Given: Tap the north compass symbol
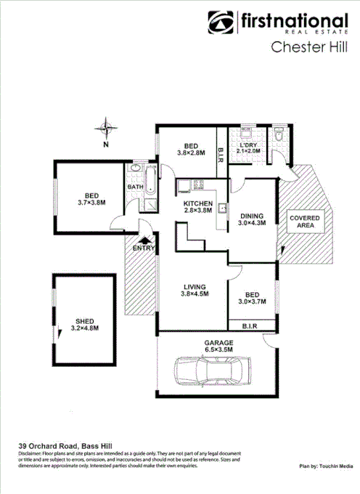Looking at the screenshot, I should (107, 129).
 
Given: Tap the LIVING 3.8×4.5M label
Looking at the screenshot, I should (194, 291).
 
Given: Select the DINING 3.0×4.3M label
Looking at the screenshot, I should (252, 219).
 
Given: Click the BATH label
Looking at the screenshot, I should (135, 187).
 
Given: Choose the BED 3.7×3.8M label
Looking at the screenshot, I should (91, 199).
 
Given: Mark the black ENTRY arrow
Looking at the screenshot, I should (144, 240).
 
